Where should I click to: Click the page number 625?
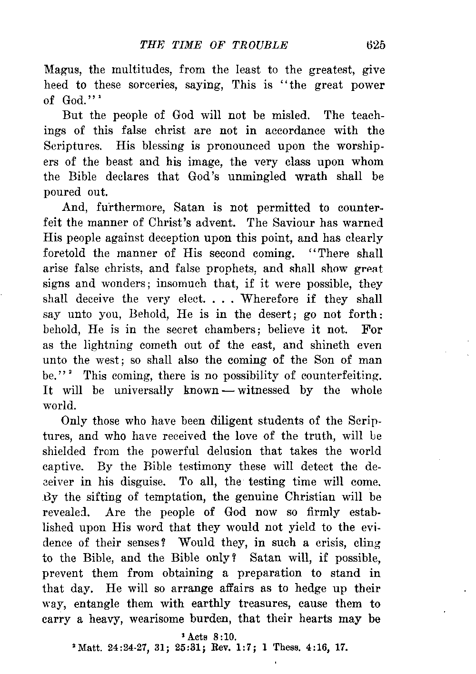coord(375,45)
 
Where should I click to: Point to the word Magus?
coord(62,70)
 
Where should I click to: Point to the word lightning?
coord(109,345)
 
